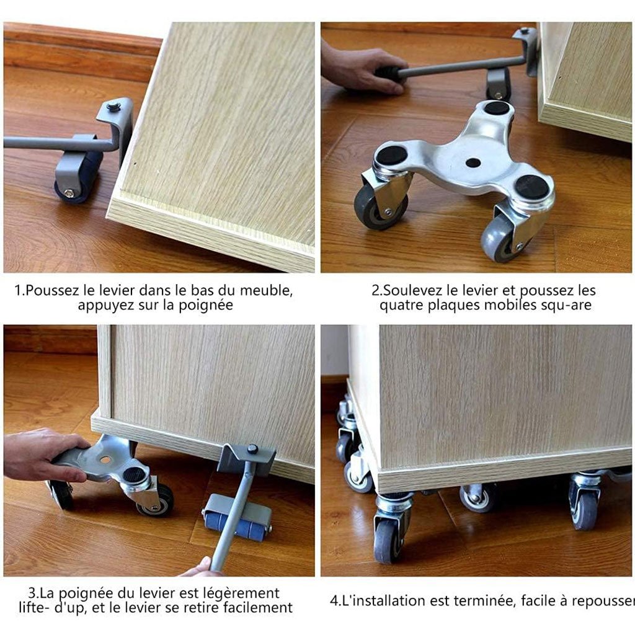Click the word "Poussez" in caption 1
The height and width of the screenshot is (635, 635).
[52, 290]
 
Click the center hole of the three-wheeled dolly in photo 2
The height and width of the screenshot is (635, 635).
[473, 163]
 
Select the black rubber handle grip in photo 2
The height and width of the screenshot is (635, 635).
[388, 74]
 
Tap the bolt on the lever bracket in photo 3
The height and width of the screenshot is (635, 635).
[253, 449]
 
